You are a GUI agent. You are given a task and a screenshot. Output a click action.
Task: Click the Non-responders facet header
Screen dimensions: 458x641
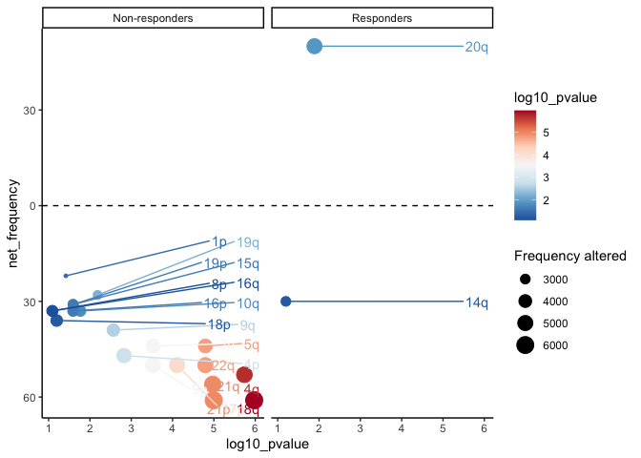point(153,18)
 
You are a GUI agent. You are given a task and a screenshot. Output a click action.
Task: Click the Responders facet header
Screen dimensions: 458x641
point(382,18)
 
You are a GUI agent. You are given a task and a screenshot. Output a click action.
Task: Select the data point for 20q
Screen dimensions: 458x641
point(314,46)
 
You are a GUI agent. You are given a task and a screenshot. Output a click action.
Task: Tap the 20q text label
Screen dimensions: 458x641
point(476,47)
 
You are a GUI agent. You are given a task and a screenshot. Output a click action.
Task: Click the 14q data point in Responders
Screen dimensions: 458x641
point(285,302)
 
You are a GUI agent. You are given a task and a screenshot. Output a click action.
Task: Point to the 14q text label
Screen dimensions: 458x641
point(476,303)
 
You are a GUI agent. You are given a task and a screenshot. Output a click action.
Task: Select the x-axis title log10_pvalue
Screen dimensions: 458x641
point(266,445)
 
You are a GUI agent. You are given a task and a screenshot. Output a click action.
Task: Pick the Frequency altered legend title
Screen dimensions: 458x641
point(569,256)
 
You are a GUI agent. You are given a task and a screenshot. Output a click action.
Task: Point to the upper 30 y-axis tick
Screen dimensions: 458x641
point(29,110)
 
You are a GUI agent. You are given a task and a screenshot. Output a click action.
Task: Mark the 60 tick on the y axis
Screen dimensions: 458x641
point(29,397)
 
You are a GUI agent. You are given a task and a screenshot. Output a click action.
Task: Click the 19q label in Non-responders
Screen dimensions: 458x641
point(248,243)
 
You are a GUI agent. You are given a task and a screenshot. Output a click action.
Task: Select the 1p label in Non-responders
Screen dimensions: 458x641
point(219,242)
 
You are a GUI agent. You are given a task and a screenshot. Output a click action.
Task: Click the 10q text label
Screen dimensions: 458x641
point(248,303)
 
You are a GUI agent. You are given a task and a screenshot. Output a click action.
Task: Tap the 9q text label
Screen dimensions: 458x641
point(248,325)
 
